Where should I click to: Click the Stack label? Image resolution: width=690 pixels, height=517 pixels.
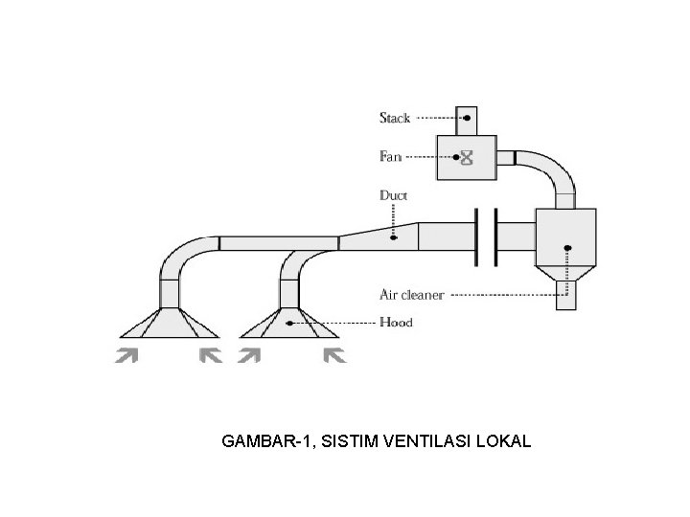[395, 119]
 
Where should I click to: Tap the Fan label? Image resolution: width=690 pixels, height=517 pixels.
[391, 156]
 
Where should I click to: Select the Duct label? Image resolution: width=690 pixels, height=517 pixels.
[393, 195]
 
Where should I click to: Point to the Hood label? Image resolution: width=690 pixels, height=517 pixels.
[396, 323]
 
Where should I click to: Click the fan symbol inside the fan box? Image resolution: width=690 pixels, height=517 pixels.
[468, 157]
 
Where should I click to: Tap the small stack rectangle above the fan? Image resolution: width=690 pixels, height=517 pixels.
[467, 121]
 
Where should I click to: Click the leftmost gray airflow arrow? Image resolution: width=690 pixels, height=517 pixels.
[126, 357]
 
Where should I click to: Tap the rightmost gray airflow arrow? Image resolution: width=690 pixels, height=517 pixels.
[334, 357]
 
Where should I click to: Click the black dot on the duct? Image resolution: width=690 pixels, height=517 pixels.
[393, 236]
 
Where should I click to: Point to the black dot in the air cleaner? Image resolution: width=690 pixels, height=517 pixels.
[567, 249]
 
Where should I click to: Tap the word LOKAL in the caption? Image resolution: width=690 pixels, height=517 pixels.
[505, 441]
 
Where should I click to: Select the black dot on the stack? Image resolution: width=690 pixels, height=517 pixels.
[467, 118]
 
